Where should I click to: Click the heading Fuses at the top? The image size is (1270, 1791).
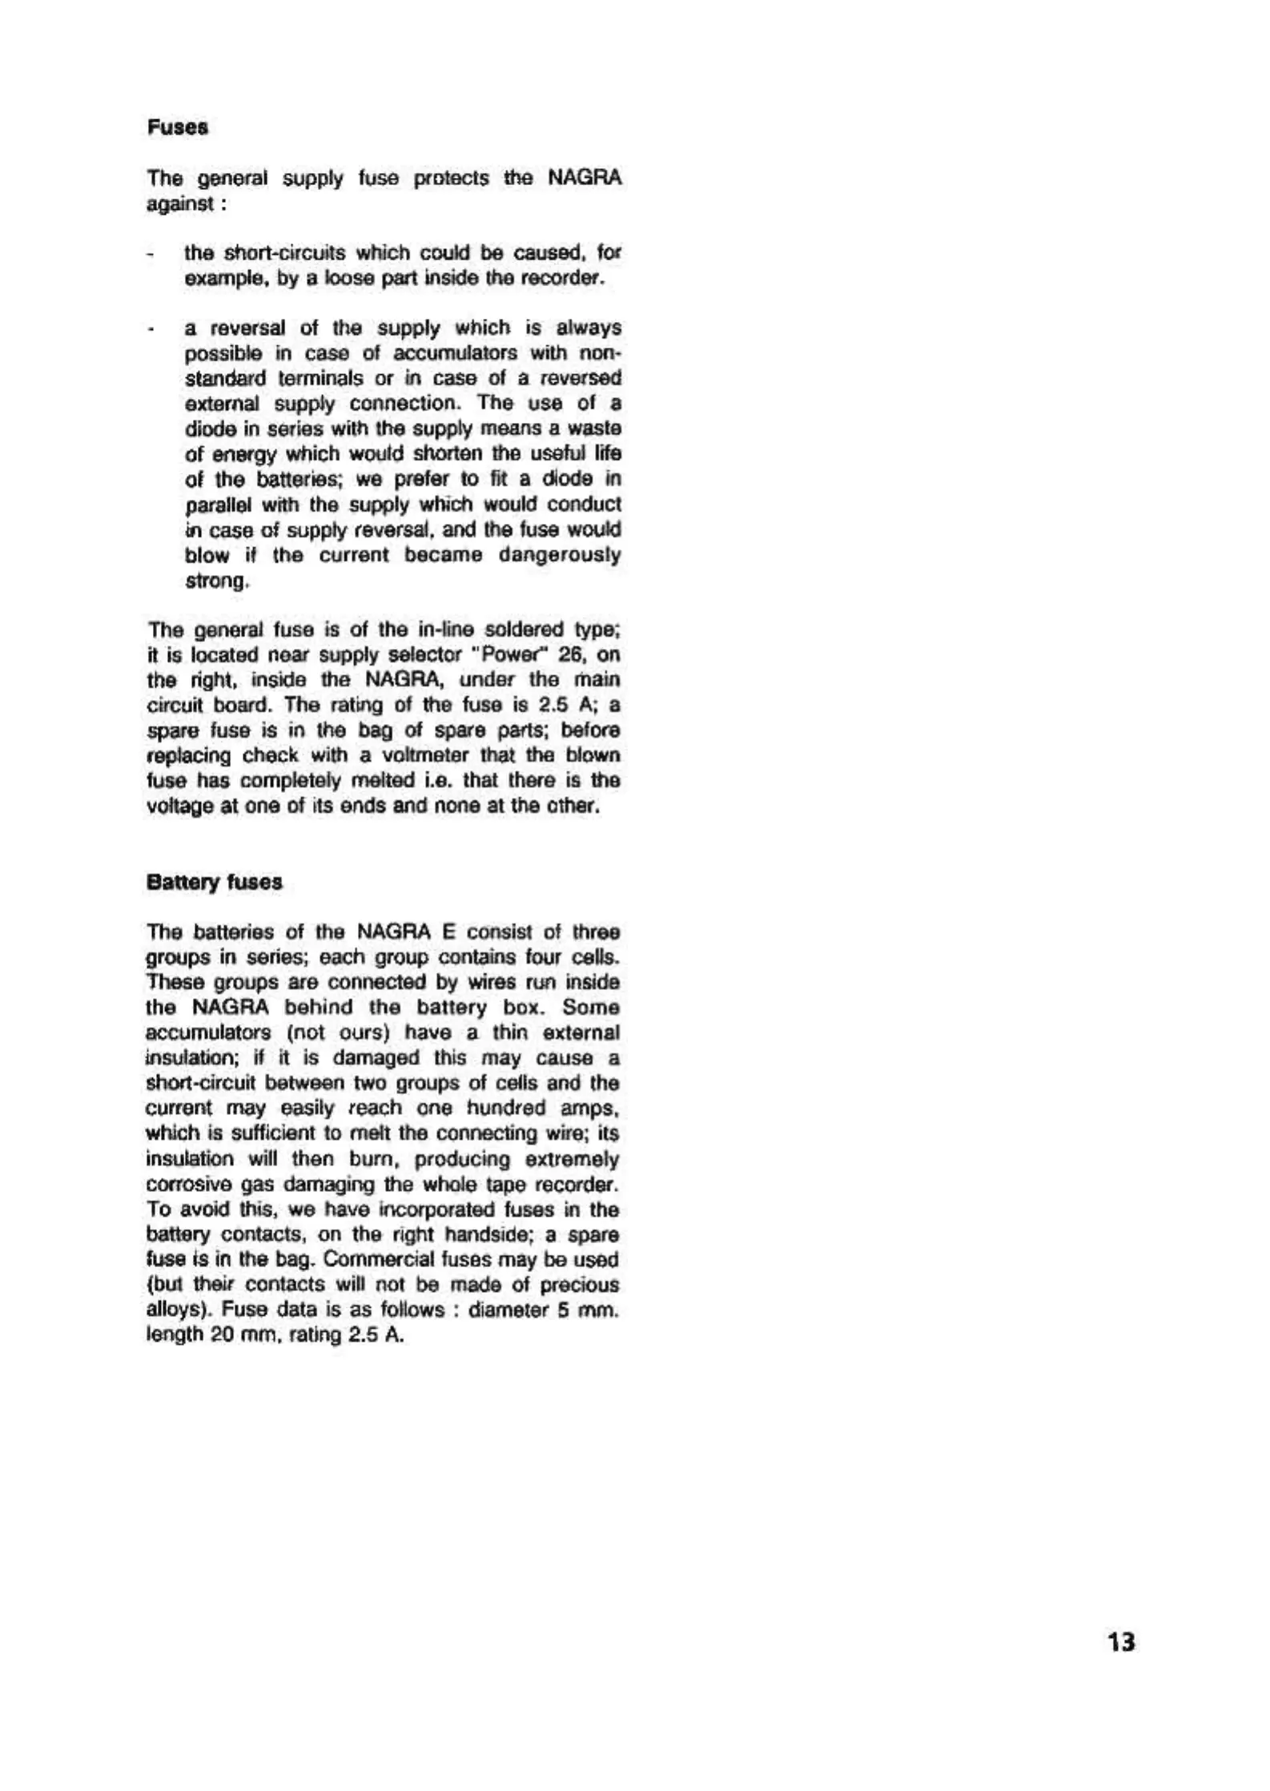[178, 128]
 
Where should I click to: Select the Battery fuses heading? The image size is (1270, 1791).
[214, 883]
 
